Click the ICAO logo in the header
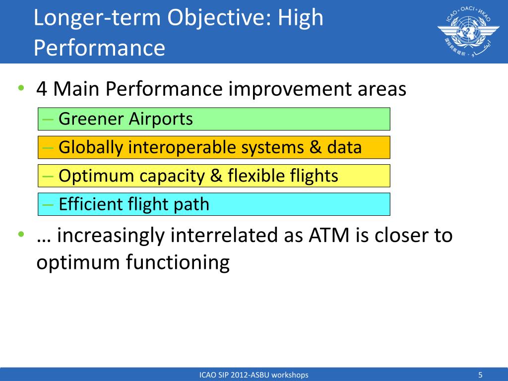(468, 31)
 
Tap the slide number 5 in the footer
(480, 375)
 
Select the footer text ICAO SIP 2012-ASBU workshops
(254, 375)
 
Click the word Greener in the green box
(91, 119)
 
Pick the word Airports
(161, 119)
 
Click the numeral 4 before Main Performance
(42, 89)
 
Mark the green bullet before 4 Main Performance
(21, 87)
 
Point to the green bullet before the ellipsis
(21, 234)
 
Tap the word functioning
(178, 262)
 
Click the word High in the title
(300, 18)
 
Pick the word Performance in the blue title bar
(99, 48)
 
